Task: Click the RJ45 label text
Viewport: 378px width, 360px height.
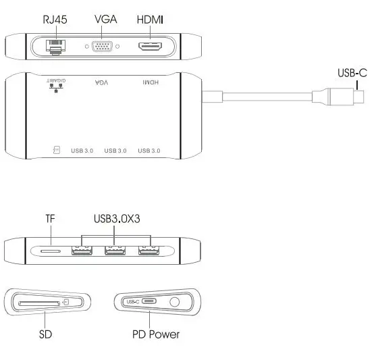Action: pos(55,20)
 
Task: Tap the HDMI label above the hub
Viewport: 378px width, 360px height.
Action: pos(150,20)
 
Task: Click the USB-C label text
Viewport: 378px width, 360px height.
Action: pos(353,73)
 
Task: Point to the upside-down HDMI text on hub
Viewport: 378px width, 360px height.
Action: pos(150,82)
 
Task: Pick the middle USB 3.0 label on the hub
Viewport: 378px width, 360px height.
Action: pos(116,150)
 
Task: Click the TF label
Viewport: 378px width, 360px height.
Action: pos(49,219)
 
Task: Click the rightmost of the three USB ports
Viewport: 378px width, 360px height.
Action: pos(148,251)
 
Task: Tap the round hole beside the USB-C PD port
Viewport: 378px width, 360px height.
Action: pos(176,302)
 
